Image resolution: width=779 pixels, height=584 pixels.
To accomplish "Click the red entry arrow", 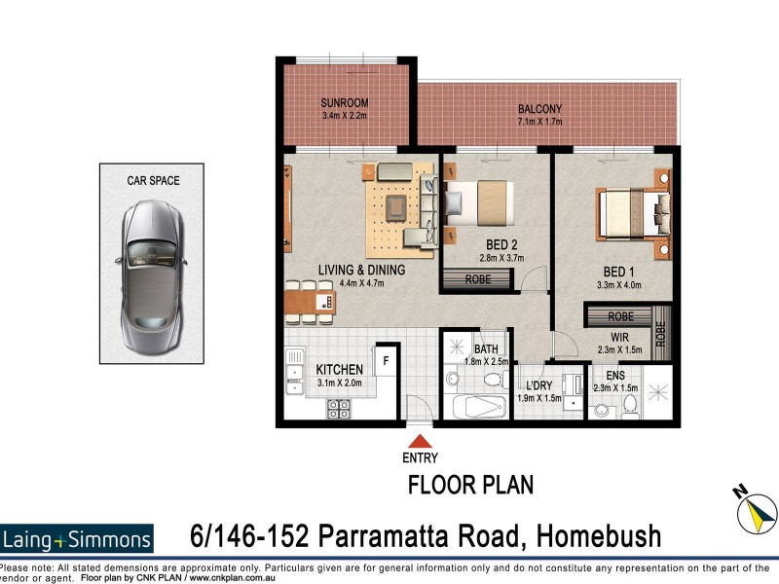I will [419, 442].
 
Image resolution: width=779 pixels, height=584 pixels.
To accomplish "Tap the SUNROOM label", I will [346, 103].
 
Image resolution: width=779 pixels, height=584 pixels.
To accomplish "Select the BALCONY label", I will [539, 109].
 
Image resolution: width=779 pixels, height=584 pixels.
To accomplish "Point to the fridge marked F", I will [385, 359].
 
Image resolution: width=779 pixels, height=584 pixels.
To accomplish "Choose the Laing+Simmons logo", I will [78, 539].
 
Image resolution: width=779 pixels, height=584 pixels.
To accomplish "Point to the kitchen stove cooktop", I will [339, 410].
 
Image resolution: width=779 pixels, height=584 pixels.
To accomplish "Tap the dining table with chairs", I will [310, 303].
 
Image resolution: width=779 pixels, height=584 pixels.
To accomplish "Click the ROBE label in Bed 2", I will [477, 279].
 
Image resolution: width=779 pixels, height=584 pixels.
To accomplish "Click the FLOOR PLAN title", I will [470, 484].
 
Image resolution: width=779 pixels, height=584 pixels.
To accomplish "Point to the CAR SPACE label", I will [153, 180].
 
